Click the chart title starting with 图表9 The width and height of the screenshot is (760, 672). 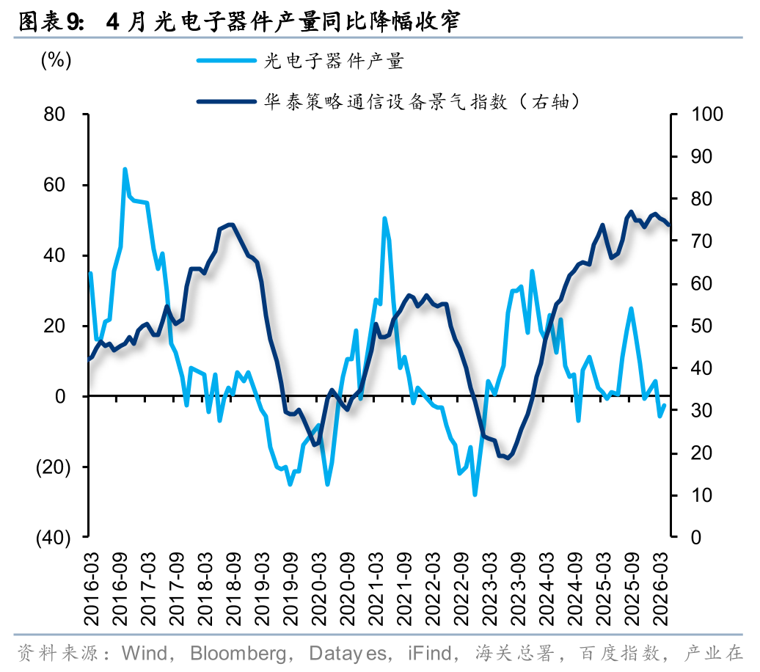pyautogui.click(x=239, y=22)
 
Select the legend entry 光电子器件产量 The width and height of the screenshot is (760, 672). pyautogui.click(x=301, y=61)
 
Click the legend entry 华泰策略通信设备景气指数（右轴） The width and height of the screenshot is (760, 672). pyautogui.click(x=388, y=102)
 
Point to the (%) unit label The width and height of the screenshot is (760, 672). pyautogui.click(x=56, y=60)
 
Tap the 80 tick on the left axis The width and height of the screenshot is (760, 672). pyautogui.click(x=54, y=114)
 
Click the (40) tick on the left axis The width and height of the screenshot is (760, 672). pyautogui.click(x=54, y=537)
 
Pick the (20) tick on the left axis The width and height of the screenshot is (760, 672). pyautogui.click(x=54, y=467)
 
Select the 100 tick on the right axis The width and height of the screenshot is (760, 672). pyautogui.click(x=706, y=114)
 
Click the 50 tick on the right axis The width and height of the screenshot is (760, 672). pyautogui.click(x=701, y=326)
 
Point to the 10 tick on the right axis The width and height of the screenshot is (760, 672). pyautogui.click(x=701, y=495)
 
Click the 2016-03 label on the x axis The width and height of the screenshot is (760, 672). pyautogui.click(x=91, y=588)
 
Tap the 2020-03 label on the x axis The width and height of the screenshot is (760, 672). pyautogui.click(x=319, y=588)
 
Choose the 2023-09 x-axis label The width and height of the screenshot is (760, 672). pyautogui.click(x=518, y=588)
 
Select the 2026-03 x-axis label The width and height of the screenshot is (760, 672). pyautogui.click(x=661, y=588)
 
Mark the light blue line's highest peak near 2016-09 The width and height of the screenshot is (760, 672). pyautogui.click(x=125, y=169)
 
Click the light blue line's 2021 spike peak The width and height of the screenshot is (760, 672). pyautogui.click(x=385, y=219)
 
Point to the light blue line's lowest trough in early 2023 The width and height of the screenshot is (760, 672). pyautogui.click(x=475, y=494)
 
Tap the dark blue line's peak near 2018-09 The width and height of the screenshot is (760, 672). pyautogui.click(x=230, y=224)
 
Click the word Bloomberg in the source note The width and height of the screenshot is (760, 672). pyautogui.click(x=238, y=654)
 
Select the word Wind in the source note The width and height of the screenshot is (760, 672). pyautogui.click(x=144, y=653)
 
